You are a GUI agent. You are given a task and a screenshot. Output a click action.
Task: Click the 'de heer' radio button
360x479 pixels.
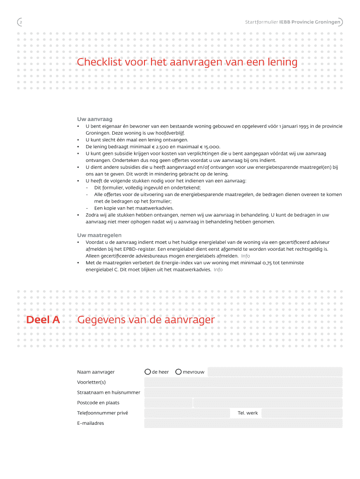coord(148,372)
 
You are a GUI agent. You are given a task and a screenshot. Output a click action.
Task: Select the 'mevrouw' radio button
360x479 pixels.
coord(179,372)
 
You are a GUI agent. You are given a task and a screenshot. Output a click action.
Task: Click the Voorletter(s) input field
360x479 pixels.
coord(243,382)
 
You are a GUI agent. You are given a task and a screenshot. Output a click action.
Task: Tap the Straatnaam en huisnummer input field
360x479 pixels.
coord(243,392)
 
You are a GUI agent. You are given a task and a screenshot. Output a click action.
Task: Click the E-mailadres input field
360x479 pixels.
coord(243,423)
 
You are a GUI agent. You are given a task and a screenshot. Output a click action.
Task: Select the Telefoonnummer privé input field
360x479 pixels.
coord(187,413)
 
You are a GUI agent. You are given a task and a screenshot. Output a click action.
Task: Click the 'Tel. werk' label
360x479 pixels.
coord(248,413)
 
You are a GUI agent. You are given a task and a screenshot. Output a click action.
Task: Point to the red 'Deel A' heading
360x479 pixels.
coord(43,320)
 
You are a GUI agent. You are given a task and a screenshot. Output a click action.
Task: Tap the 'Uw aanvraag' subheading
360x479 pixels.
coord(94,119)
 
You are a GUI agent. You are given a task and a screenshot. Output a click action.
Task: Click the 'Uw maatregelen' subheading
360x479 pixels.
coord(99,235)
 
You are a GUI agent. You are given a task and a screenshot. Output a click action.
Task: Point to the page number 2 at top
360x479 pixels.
coord(20,22)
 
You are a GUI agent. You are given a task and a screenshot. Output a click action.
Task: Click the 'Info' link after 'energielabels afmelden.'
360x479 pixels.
coord(245,256)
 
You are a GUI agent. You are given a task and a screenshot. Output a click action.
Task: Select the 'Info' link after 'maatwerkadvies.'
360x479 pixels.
coord(218,269)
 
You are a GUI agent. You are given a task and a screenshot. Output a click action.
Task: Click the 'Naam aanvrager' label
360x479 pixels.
coord(96,372)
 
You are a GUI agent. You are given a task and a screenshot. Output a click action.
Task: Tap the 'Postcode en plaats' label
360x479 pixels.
coord(98,403)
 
